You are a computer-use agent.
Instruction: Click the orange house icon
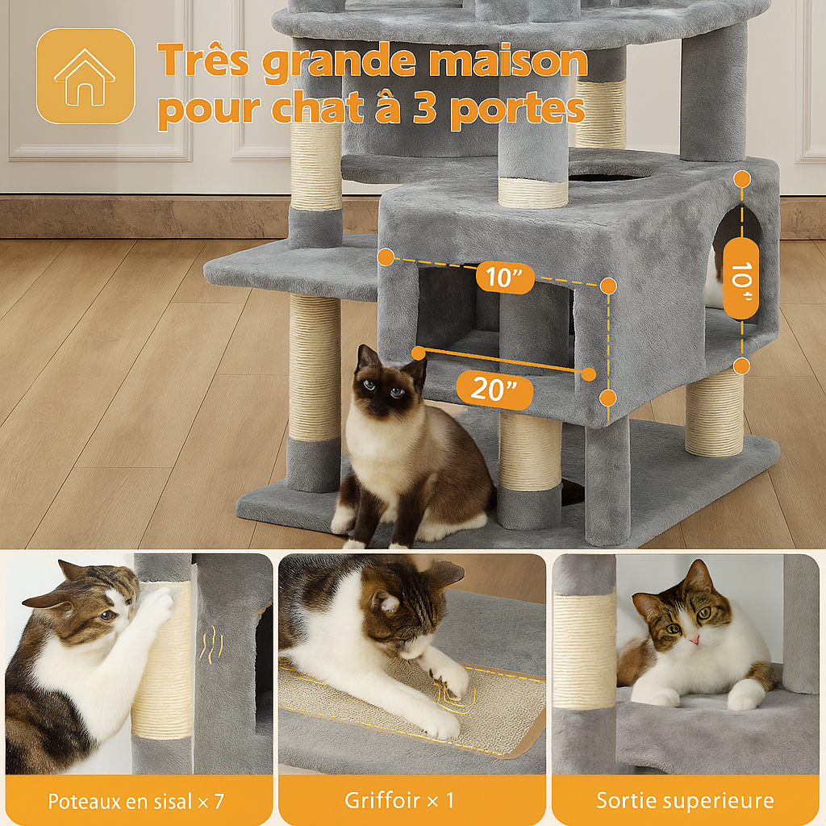[x=85, y=77]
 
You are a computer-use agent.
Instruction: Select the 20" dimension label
[x=494, y=391]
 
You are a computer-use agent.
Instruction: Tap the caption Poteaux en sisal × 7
[x=136, y=800]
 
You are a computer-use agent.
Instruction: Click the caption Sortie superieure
[x=685, y=800]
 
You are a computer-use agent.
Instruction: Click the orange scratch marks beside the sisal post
[x=211, y=645]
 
